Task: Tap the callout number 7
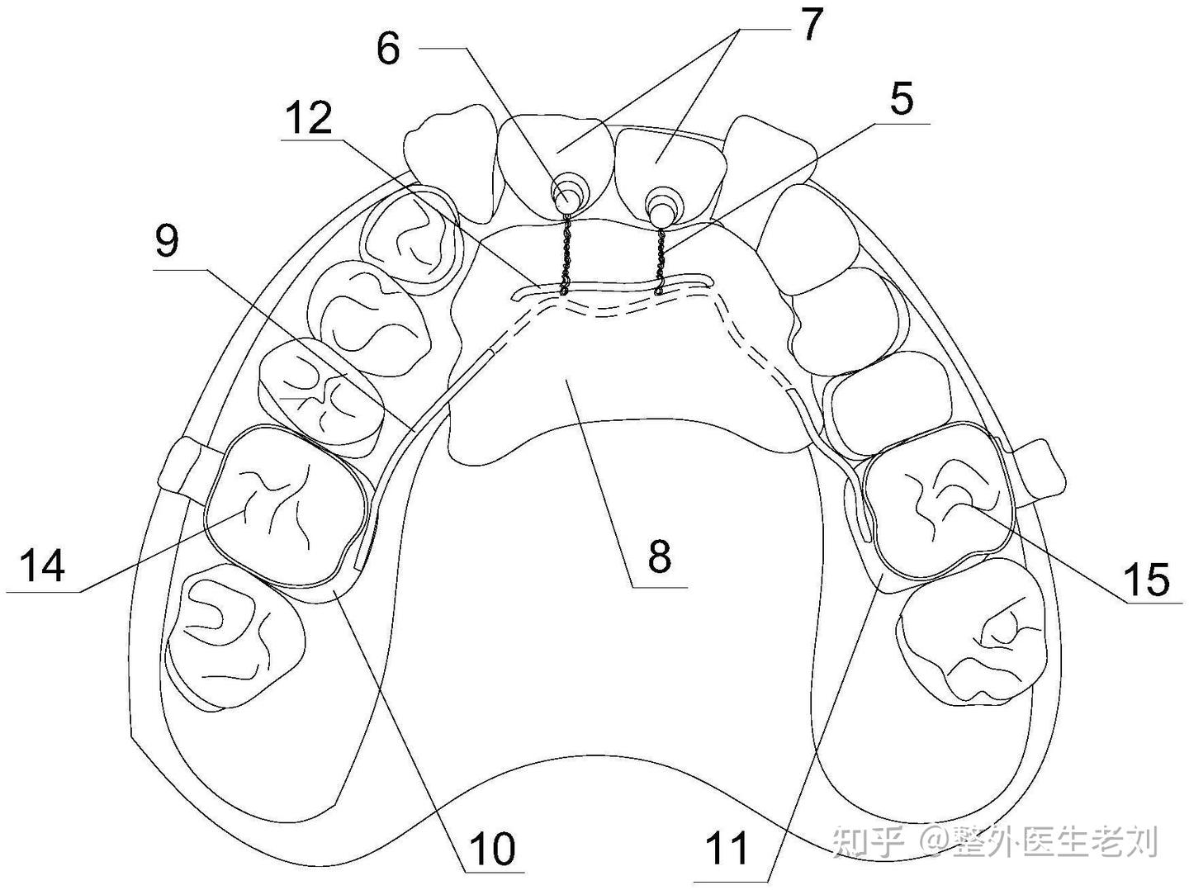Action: click(812, 26)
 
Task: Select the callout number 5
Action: click(901, 100)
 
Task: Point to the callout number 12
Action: click(309, 118)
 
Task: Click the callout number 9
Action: click(167, 242)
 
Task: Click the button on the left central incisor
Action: click(566, 196)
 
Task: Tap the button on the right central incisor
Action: click(662, 201)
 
